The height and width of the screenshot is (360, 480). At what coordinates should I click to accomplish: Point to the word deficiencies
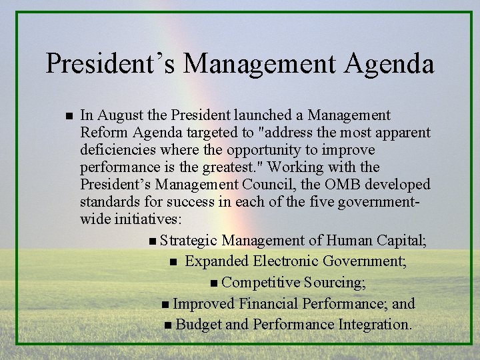click(x=116, y=149)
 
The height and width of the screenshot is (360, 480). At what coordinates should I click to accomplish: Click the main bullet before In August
click(x=59, y=117)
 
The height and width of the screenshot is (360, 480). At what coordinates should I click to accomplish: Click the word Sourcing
click(x=334, y=283)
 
